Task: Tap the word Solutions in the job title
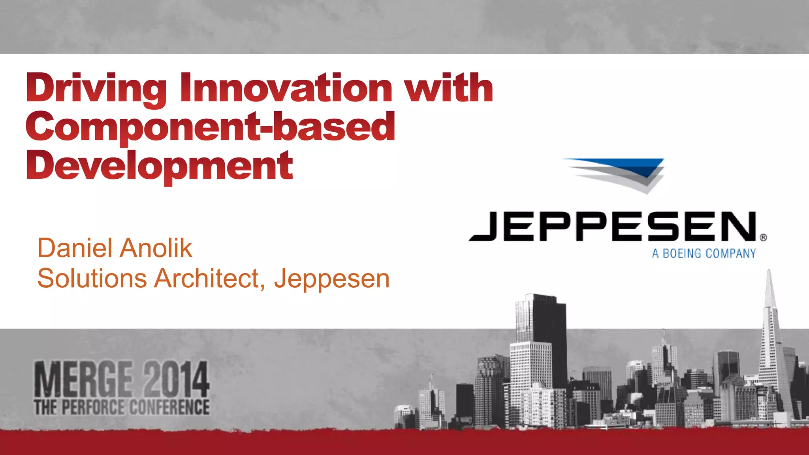pyautogui.click(x=92, y=279)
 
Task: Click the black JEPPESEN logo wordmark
pyautogui.click(x=612, y=226)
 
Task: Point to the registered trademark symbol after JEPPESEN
pyautogui.click(x=763, y=238)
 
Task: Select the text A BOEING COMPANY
pyautogui.click(x=704, y=253)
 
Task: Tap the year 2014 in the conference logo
pyautogui.click(x=176, y=379)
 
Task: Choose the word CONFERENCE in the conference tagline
pyautogui.click(x=169, y=407)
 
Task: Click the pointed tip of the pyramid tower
pyautogui.click(x=769, y=272)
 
